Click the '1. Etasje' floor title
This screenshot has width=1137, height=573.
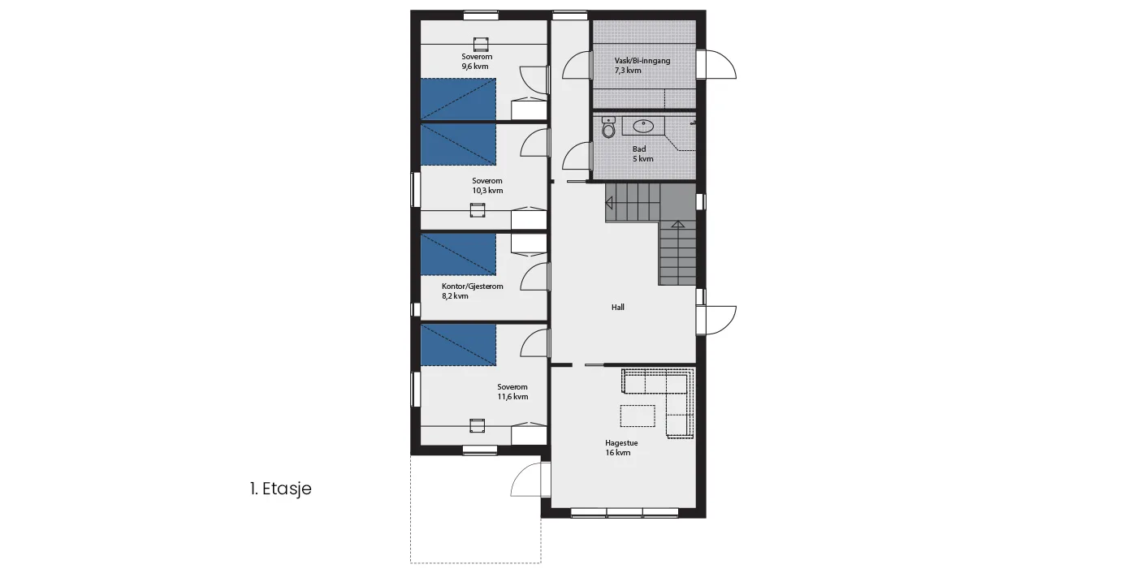click(x=281, y=489)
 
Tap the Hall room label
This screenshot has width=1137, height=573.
click(x=618, y=308)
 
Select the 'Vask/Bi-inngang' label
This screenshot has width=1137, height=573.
click(x=642, y=61)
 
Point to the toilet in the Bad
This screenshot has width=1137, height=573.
click(x=608, y=127)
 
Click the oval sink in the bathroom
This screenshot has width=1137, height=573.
click(x=643, y=127)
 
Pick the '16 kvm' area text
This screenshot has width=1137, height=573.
click(x=618, y=453)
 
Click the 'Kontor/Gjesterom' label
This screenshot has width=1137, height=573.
click(x=472, y=286)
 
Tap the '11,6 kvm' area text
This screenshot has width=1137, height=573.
click(x=512, y=397)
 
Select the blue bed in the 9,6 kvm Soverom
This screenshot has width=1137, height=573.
click(x=458, y=99)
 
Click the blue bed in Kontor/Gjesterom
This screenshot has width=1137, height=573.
click(x=458, y=255)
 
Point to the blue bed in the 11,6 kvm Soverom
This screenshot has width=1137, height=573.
click(x=458, y=345)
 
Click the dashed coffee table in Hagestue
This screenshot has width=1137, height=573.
click(x=638, y=416)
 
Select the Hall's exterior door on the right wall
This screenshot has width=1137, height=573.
click(x=715, y=320)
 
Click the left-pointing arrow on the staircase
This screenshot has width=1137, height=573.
click(x=609, y=204)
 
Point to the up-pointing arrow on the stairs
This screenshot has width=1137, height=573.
click(x=678, y=224)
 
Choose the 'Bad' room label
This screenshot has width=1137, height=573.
click(x=639, y=149)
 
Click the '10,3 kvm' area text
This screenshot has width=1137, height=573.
click(x=487, y=191)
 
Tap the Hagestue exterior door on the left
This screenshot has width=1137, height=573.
click(x=530, y=479)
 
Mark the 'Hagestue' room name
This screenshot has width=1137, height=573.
click(x=621, y=443)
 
